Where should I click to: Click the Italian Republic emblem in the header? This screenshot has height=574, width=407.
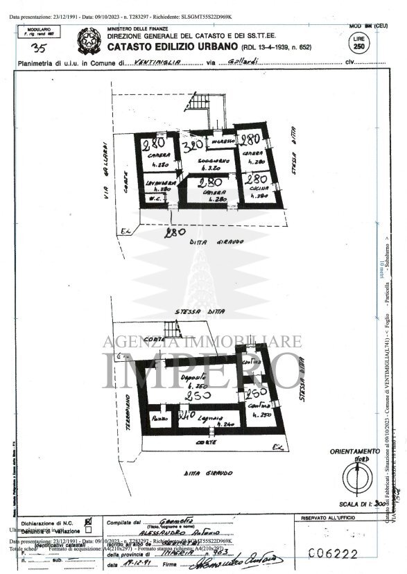click(x=88, y=37)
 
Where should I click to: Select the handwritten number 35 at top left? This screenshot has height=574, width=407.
click(x=40, y=48)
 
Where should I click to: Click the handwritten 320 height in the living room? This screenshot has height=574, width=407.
click(x=195, y=146)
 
